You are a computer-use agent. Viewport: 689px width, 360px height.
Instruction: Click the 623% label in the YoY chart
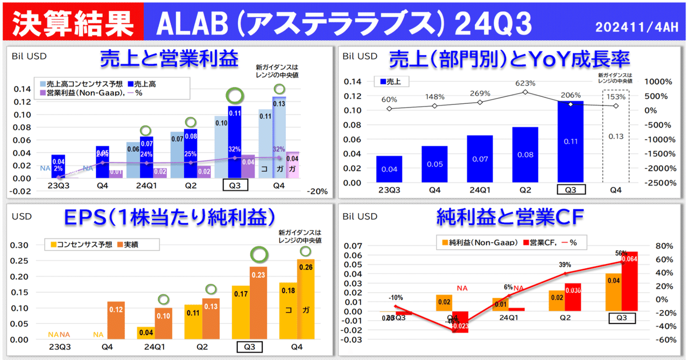[x=525, y=83]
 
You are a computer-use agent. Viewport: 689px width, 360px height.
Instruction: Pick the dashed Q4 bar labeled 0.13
[x=616, y=136]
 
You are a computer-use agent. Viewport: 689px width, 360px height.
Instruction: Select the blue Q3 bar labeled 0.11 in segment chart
[x=571, y=142]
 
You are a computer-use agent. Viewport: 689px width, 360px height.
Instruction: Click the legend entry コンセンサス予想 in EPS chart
[x=82, y=244]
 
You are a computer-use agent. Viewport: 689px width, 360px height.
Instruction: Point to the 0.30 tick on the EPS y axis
[x=20, y=245]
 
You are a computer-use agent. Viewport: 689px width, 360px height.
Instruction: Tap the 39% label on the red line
[x=565, y=265]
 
